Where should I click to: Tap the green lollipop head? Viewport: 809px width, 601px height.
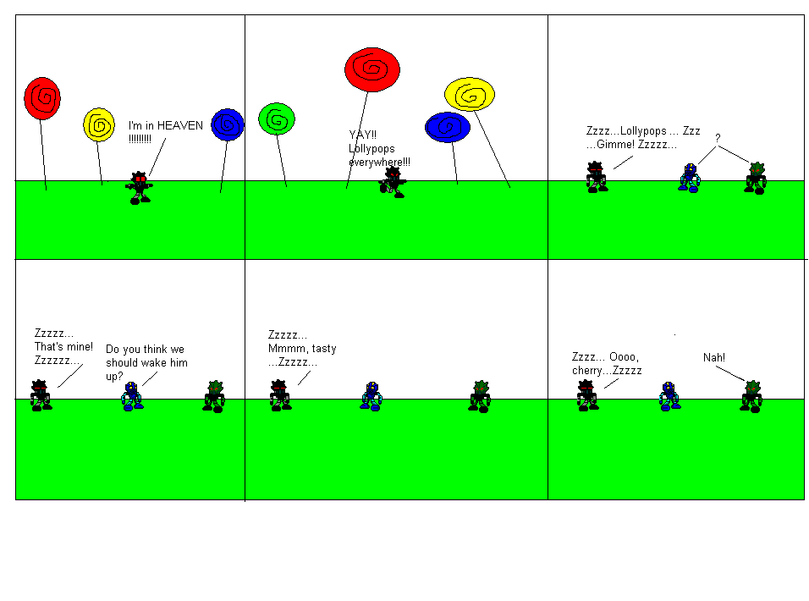[x=276, y=119]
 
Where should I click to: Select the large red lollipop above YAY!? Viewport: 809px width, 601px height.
[x=372, y=69]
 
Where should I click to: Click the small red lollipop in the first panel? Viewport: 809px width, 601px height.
[x=42, y=98]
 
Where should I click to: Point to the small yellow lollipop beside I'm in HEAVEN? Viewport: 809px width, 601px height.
[x=99, y=124]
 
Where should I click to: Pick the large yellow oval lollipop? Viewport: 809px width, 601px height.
[x=470, y=95]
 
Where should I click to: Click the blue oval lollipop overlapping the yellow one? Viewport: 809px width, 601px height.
[x=447, y=128]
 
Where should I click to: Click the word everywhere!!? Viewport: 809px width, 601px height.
[x=380, y=162]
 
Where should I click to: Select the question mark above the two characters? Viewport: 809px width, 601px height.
[x=718, y=138]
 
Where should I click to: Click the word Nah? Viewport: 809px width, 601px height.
[x=714, y=357]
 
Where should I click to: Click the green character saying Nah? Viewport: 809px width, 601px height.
[x=751, y=396]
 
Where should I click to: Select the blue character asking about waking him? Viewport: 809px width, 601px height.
[x=131, y=396]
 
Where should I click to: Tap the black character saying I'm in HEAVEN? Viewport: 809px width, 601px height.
[x=139, y=187]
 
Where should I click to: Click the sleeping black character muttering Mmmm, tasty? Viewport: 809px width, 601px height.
[x=280, y=395]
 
